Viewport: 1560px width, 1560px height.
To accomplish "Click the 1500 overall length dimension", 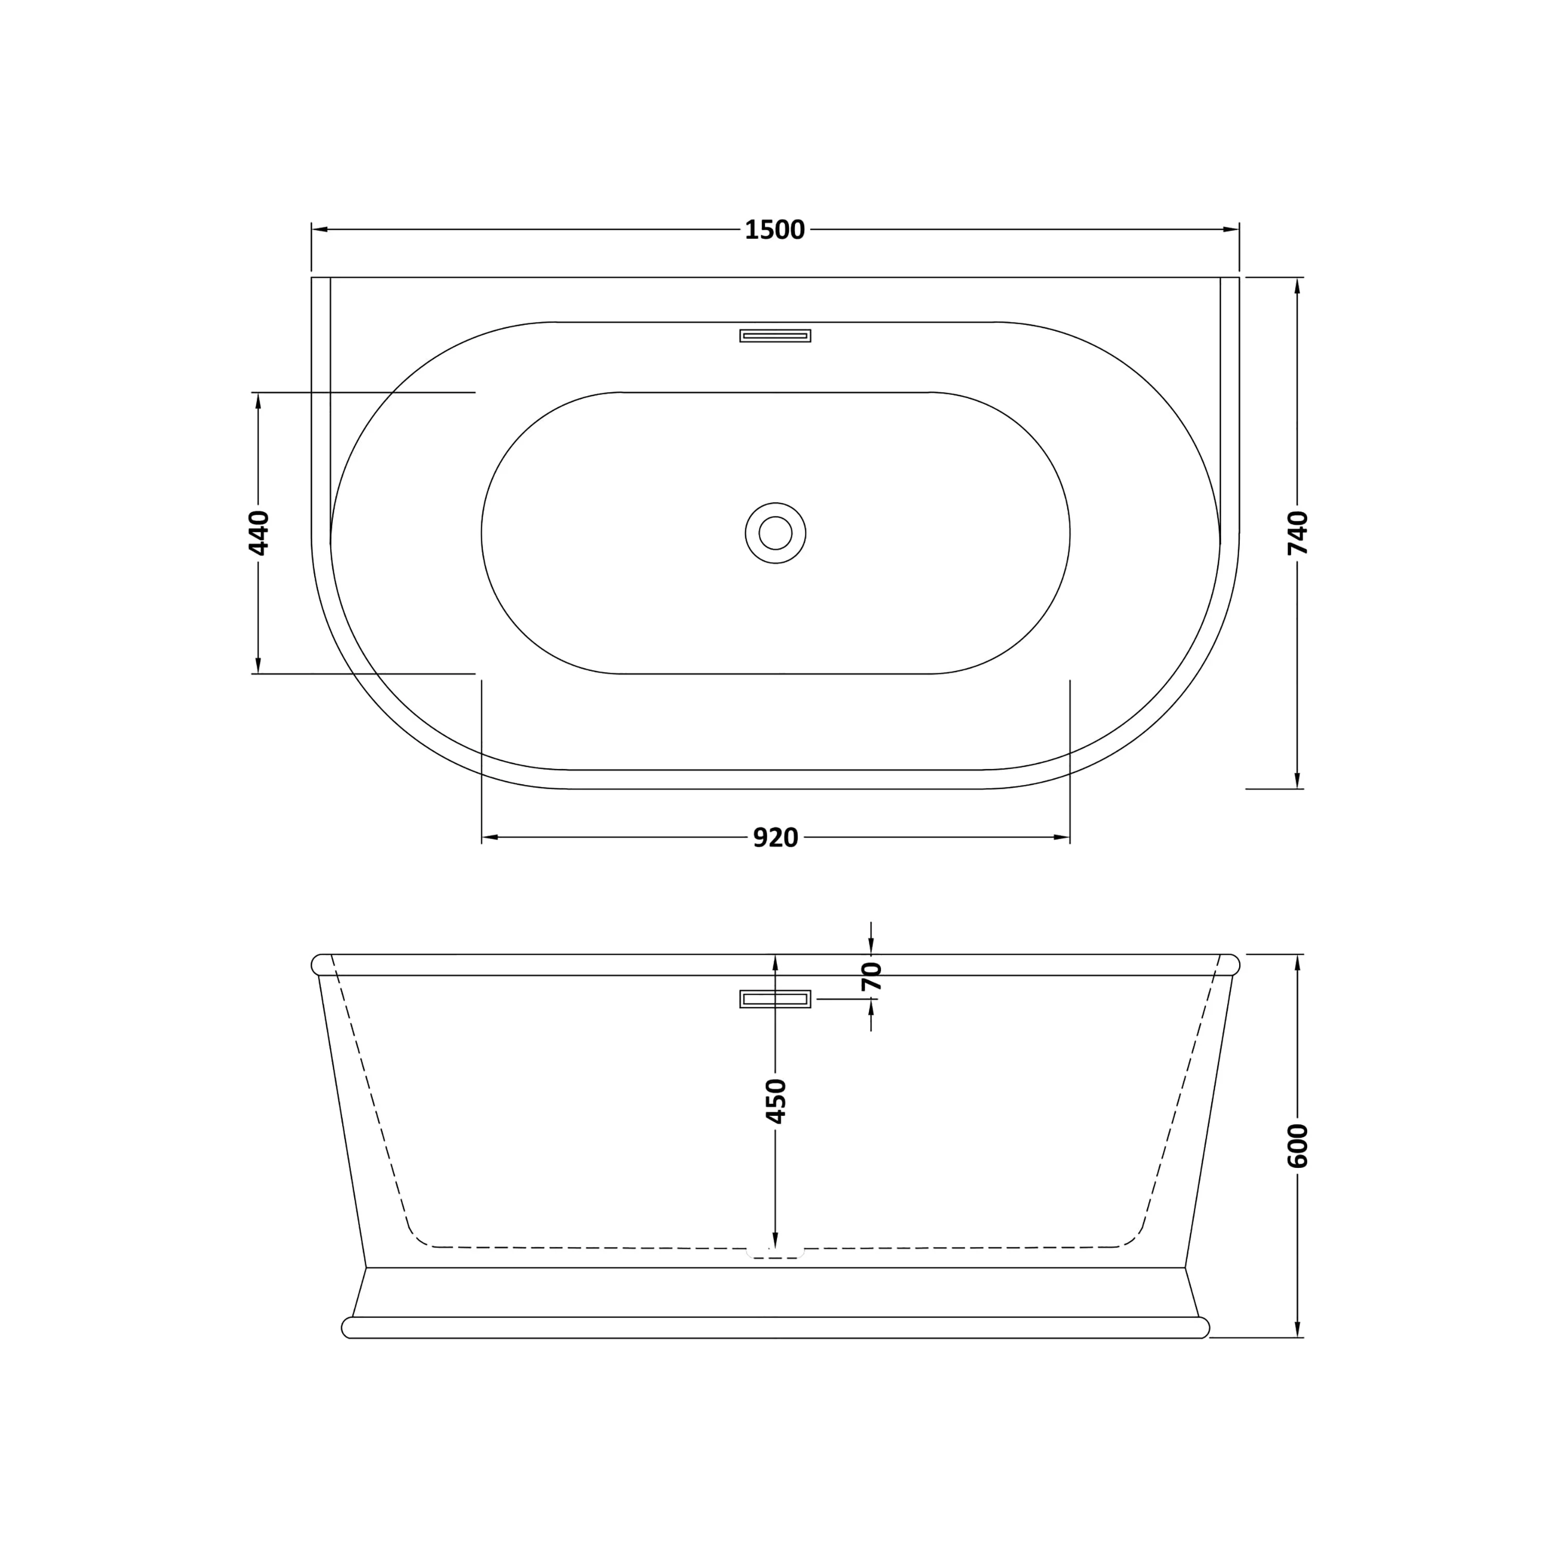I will [x=774, y=230].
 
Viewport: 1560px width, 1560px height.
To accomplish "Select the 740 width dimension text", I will [x=1297, y=533].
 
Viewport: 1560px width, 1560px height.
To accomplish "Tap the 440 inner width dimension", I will [x=258, y=533].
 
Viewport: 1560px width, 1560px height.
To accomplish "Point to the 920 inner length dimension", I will [x=775, y=838].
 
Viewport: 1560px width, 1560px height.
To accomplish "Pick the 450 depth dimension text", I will [x=775, y=1100].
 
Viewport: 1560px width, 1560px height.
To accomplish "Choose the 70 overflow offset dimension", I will [x=871, y=977].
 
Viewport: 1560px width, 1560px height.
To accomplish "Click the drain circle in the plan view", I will [x=775, y=533].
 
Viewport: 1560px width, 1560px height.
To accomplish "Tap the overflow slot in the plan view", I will [x=775, y=336].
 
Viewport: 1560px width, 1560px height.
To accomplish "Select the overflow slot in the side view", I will [x=775, y=999].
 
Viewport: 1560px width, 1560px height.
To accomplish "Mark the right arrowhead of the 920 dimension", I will [x=1062, y=837].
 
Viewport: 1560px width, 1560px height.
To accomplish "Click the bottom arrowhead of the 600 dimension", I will [x=1297, y=1329].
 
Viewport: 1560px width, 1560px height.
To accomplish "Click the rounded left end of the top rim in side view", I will [x=319, y=965].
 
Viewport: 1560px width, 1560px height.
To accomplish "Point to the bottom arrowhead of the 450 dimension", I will [x=775, y=1240].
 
